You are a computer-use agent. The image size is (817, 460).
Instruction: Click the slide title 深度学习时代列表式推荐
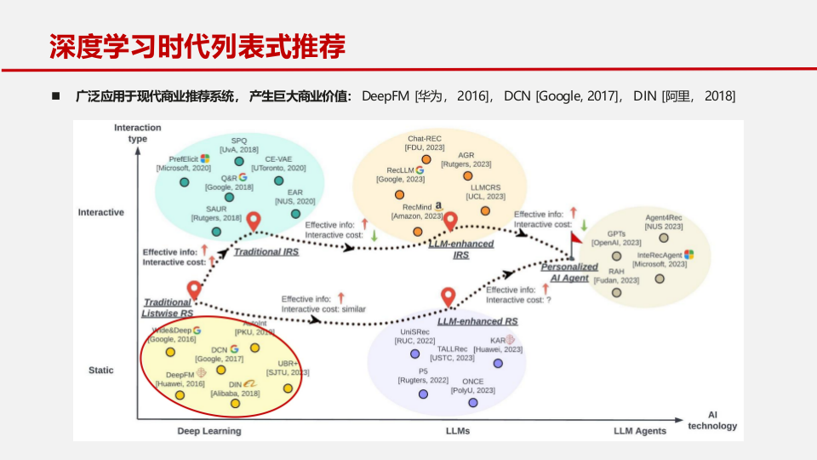click(197, 47)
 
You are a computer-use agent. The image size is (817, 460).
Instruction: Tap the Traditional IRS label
click(266, 253)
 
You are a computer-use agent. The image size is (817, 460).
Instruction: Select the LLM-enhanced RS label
click(477, 322)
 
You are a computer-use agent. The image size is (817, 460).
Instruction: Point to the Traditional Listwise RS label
click(168, 308)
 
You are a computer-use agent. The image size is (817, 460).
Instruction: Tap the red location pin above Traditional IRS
click(254, 222)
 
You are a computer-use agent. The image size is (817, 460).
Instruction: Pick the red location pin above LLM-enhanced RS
click(448, 297)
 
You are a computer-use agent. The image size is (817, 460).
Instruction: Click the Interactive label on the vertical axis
click(100, 212)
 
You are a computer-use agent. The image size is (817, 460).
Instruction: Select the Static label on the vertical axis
click(101, 371)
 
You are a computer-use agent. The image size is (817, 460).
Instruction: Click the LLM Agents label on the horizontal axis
click(640, 431)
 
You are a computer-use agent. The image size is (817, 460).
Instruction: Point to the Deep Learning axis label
click(209, 431)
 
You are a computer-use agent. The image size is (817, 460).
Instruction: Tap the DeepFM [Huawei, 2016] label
click(180, 379)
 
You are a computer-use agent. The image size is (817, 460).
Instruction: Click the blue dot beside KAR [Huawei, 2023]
click(498, 363)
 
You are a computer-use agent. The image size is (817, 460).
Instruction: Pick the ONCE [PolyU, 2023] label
click(472, 386)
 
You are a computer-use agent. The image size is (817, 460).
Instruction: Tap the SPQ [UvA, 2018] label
click(239, 145)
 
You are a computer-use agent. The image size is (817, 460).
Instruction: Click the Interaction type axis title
click(137, 133)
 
